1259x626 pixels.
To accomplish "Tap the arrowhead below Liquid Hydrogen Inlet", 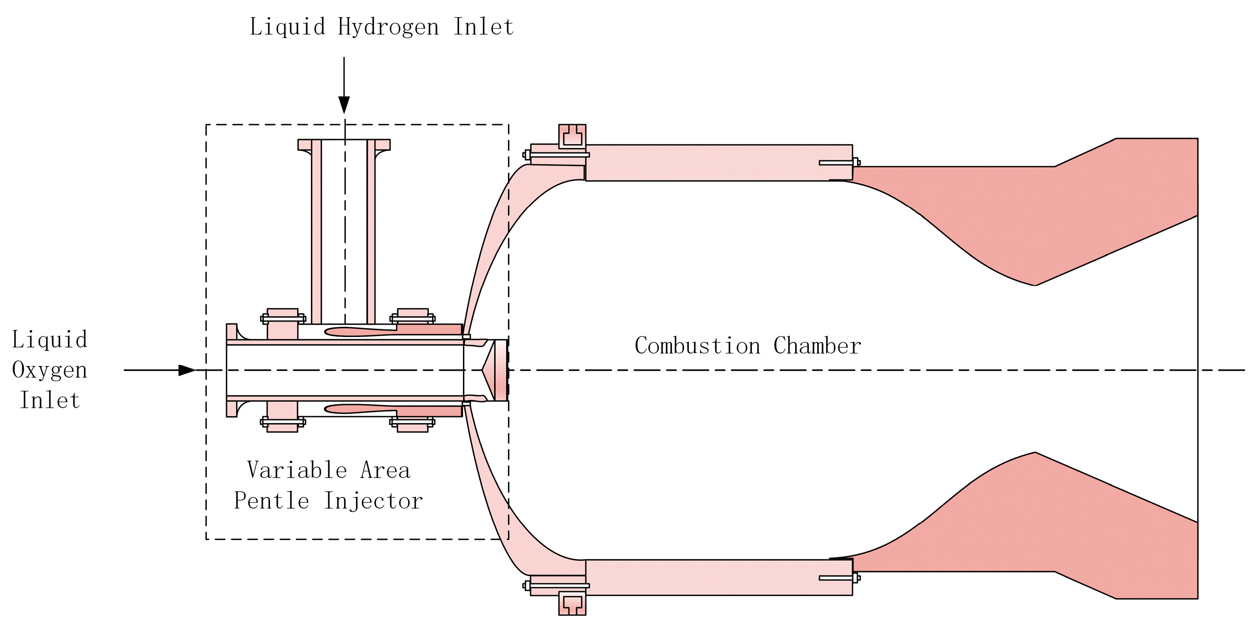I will tap(344, 105).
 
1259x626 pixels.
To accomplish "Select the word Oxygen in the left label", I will tap(49, 370).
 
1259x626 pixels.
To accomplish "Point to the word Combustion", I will tap(698, 346).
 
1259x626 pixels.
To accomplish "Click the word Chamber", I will tap(817, 346).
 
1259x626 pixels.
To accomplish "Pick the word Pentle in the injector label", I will tap(271, 501).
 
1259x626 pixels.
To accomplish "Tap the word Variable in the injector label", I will tap(297, 470).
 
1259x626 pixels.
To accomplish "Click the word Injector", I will tap(373, 501).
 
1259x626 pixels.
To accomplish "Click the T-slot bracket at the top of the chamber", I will tap(572, 136).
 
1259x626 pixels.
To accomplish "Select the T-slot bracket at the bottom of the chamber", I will tap(572, 603).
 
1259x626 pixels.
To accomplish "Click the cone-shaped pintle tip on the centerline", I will tap(489, 370).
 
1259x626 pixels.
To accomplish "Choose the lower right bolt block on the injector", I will tap(413, 424).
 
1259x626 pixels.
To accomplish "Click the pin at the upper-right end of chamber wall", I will tap(839, 163).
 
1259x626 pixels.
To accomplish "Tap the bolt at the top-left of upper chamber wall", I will tap(527, 155).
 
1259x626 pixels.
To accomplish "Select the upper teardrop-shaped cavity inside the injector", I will tap(359, 332).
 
